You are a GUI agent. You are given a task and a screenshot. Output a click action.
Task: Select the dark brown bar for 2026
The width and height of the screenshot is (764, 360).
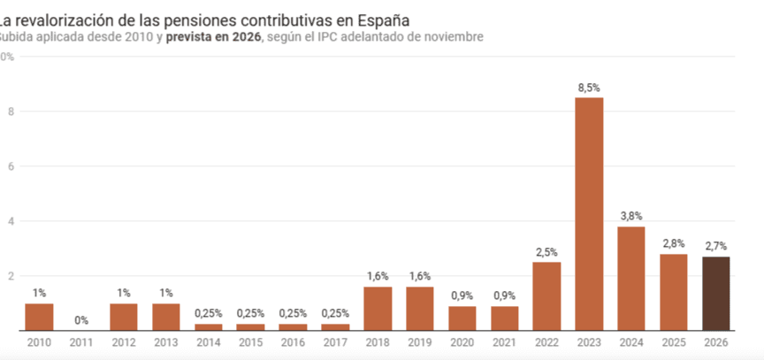pyautogui.click(x=715, y=294)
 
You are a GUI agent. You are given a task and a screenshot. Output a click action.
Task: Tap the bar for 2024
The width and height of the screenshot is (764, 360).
pyautogui.click(x=630, y=279)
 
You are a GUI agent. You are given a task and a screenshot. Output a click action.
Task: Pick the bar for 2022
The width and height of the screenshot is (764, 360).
pyautogui.click(x=546, y=296)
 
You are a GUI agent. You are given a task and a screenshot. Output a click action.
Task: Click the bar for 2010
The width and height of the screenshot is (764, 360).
pyautogui.click(x=39, y=317)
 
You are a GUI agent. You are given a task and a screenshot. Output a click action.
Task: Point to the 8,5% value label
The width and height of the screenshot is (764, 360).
pyautogui.click(x=589, y=88)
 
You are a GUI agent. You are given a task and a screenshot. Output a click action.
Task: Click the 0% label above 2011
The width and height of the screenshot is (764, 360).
pyautogui.click(x=81, y=320)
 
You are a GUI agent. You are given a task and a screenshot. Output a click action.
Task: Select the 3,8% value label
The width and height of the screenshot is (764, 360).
pyautogui.click(x=630, y=216)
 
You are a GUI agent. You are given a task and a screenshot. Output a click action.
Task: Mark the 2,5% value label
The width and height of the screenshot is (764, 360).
pyautogui.click(x=546, y=252)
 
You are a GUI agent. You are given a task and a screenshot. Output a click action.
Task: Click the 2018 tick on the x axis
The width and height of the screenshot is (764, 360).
pyautogui.click(x=378, y=342)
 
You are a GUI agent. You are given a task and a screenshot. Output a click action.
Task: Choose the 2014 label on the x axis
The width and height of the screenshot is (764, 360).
pyautogui.click(x=209, y=342)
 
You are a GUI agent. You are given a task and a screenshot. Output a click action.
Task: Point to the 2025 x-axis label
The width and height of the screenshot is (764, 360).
pyautogui.click(x=673, y=342)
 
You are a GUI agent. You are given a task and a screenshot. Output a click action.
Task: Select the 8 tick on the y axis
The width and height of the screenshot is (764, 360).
pyautogui.click(x=9, y=111)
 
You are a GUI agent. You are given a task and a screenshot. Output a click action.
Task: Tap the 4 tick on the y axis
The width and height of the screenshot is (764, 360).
pyautogui.click(x=9, y=221)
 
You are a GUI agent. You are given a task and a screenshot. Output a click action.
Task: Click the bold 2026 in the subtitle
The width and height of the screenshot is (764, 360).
pyautogui.click(x=244, y=36)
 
